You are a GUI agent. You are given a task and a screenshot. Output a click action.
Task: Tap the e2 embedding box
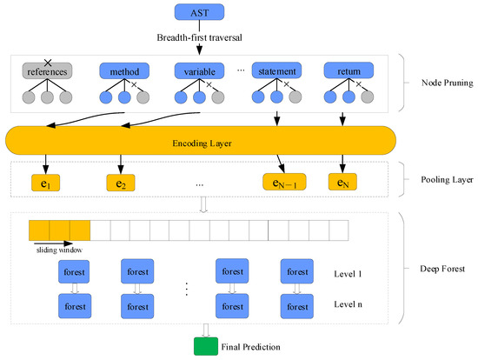click(x=123, y=183)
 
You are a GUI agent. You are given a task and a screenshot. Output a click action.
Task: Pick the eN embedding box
click(x=343, y=183)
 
